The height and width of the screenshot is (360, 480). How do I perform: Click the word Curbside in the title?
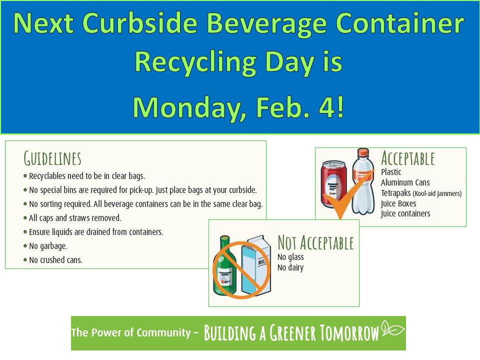click(x=140, y=23)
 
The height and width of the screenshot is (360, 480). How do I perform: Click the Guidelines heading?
click(x=52, y=158)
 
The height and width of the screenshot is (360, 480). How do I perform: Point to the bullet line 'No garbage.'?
click(x=48, y=246)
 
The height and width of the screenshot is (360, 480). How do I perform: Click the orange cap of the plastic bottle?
click(x=363, y=152)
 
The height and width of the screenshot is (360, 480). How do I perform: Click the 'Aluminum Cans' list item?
click(x=405, y=183)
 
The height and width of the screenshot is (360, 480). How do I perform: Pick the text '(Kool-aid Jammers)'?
click(x=437, y=193)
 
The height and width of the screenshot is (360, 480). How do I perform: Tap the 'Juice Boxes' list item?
click(x=398, y=203)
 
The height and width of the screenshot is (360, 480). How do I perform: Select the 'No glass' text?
click(x=290, y=257)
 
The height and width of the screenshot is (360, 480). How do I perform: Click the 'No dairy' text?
click(x=290, y=267)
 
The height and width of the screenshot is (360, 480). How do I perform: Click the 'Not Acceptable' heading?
click(x=315, y=243)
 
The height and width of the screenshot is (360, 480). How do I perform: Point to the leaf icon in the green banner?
click(x=393, y=328)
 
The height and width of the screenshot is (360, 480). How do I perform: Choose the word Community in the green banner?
click(x=164, y=332)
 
